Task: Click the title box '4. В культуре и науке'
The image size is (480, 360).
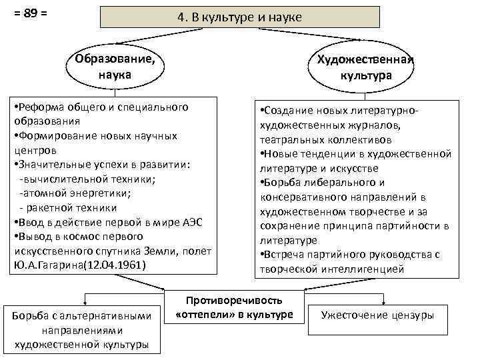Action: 239,17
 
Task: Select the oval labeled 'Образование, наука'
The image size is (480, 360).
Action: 115,67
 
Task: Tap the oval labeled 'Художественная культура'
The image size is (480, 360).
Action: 366,68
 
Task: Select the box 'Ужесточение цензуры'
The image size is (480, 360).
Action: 377,314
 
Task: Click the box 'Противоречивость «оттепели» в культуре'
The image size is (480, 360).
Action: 235,307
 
